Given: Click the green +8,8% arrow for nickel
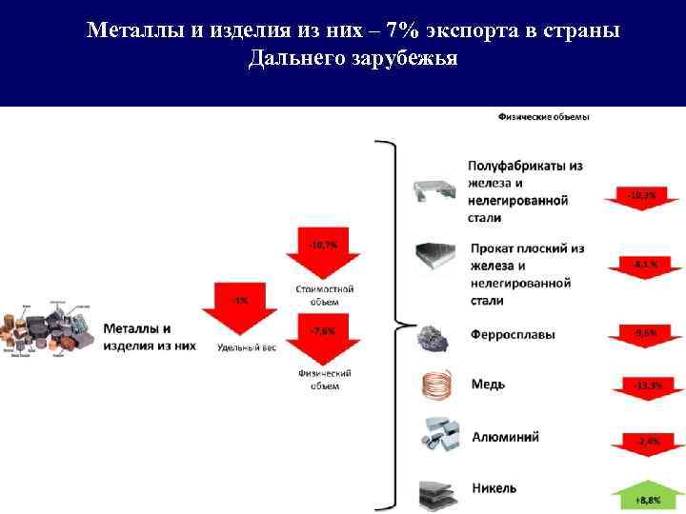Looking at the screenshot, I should tap(642, 495).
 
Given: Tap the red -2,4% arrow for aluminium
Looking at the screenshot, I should tap(642, 444).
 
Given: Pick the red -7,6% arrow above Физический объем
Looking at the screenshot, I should tap(322, 337).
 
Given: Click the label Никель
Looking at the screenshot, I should tap(494, 488).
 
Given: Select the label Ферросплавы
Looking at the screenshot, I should tap(514, 335).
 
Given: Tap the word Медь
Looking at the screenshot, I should tap(488, 385).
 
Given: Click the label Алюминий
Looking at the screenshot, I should tap(505, 437).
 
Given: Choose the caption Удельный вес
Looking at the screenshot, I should tap(246, 347).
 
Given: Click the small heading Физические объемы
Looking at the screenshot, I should tap(543, 117).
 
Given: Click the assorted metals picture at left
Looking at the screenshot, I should tap(48, 333).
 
